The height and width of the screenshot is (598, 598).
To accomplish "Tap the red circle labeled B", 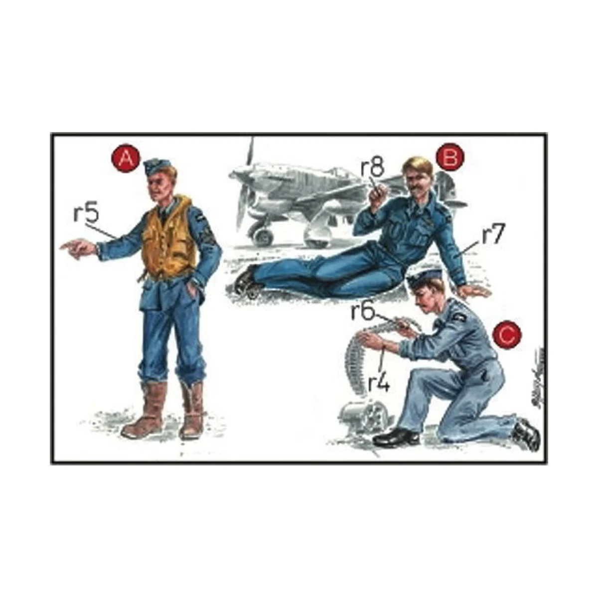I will tap(449, 157).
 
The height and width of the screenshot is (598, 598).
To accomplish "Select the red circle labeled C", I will tap(507, 336).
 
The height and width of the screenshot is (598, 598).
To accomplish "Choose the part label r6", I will tap(363, 311).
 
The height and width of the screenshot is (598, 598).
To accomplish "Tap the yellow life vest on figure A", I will tap(166, 239).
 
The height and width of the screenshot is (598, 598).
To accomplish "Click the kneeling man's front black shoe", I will tap(396, 437).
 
